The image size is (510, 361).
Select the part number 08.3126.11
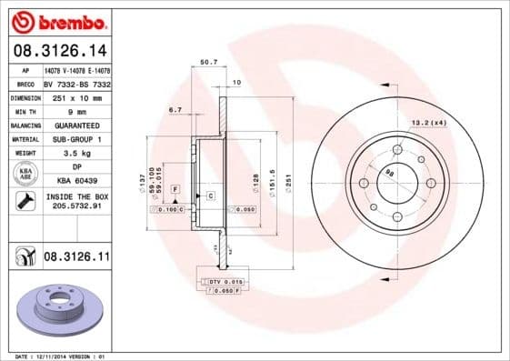76,258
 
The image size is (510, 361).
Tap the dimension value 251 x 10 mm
75,96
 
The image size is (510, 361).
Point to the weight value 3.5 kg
75,153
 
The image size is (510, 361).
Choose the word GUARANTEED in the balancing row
75,125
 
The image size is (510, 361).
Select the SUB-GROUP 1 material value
75,138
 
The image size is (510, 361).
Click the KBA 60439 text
75,182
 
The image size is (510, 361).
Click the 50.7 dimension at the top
208,63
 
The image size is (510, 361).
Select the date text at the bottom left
55,356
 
